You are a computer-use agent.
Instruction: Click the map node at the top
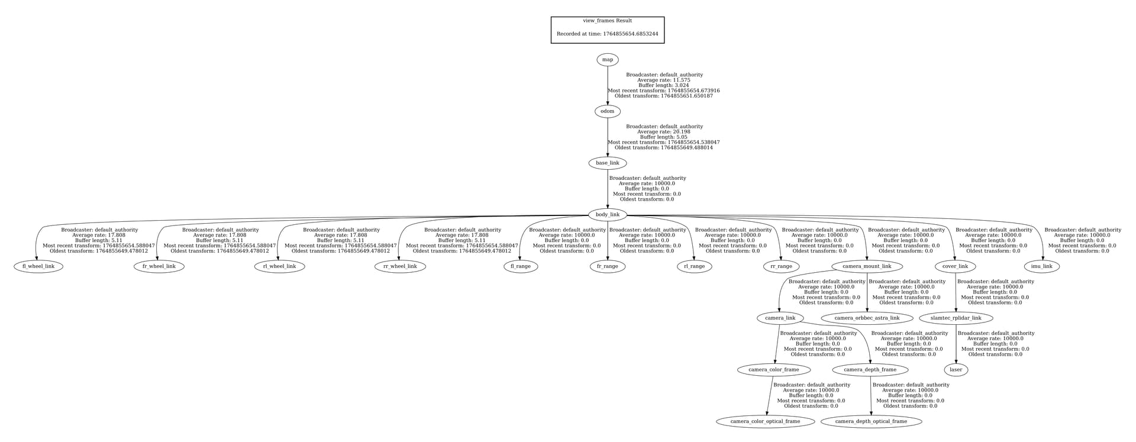tap(607, 60)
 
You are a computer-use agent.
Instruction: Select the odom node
tap(607, 111)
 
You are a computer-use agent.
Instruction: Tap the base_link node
tap(607, 163)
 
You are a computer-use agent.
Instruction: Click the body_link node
tap(607, 215)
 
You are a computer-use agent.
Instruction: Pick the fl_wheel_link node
tap(38, 267)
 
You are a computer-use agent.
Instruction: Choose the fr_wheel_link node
tap(159, 267)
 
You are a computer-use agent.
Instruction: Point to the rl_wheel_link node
tap(280, 267)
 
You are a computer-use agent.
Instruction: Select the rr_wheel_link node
tap(401, 267)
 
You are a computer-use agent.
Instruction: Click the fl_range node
tap(521, 267)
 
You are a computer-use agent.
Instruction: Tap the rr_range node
tap(781, 267)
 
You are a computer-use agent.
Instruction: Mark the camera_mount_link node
tap(867, 267)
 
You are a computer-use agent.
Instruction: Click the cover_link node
tap(955, 267)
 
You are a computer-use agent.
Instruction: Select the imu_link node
tap(1041, 267)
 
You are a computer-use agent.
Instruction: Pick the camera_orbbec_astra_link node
tap(867, 318)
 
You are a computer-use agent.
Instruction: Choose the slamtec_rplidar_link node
tap(956, 318)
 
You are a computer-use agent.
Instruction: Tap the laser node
tap(956, 370)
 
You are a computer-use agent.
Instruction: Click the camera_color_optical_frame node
tap(765, 422)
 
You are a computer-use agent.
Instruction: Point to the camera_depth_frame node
tap(870, 370)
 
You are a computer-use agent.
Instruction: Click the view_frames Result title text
tap(607, 21)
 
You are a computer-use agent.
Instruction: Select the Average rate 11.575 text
tap(664, 80)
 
